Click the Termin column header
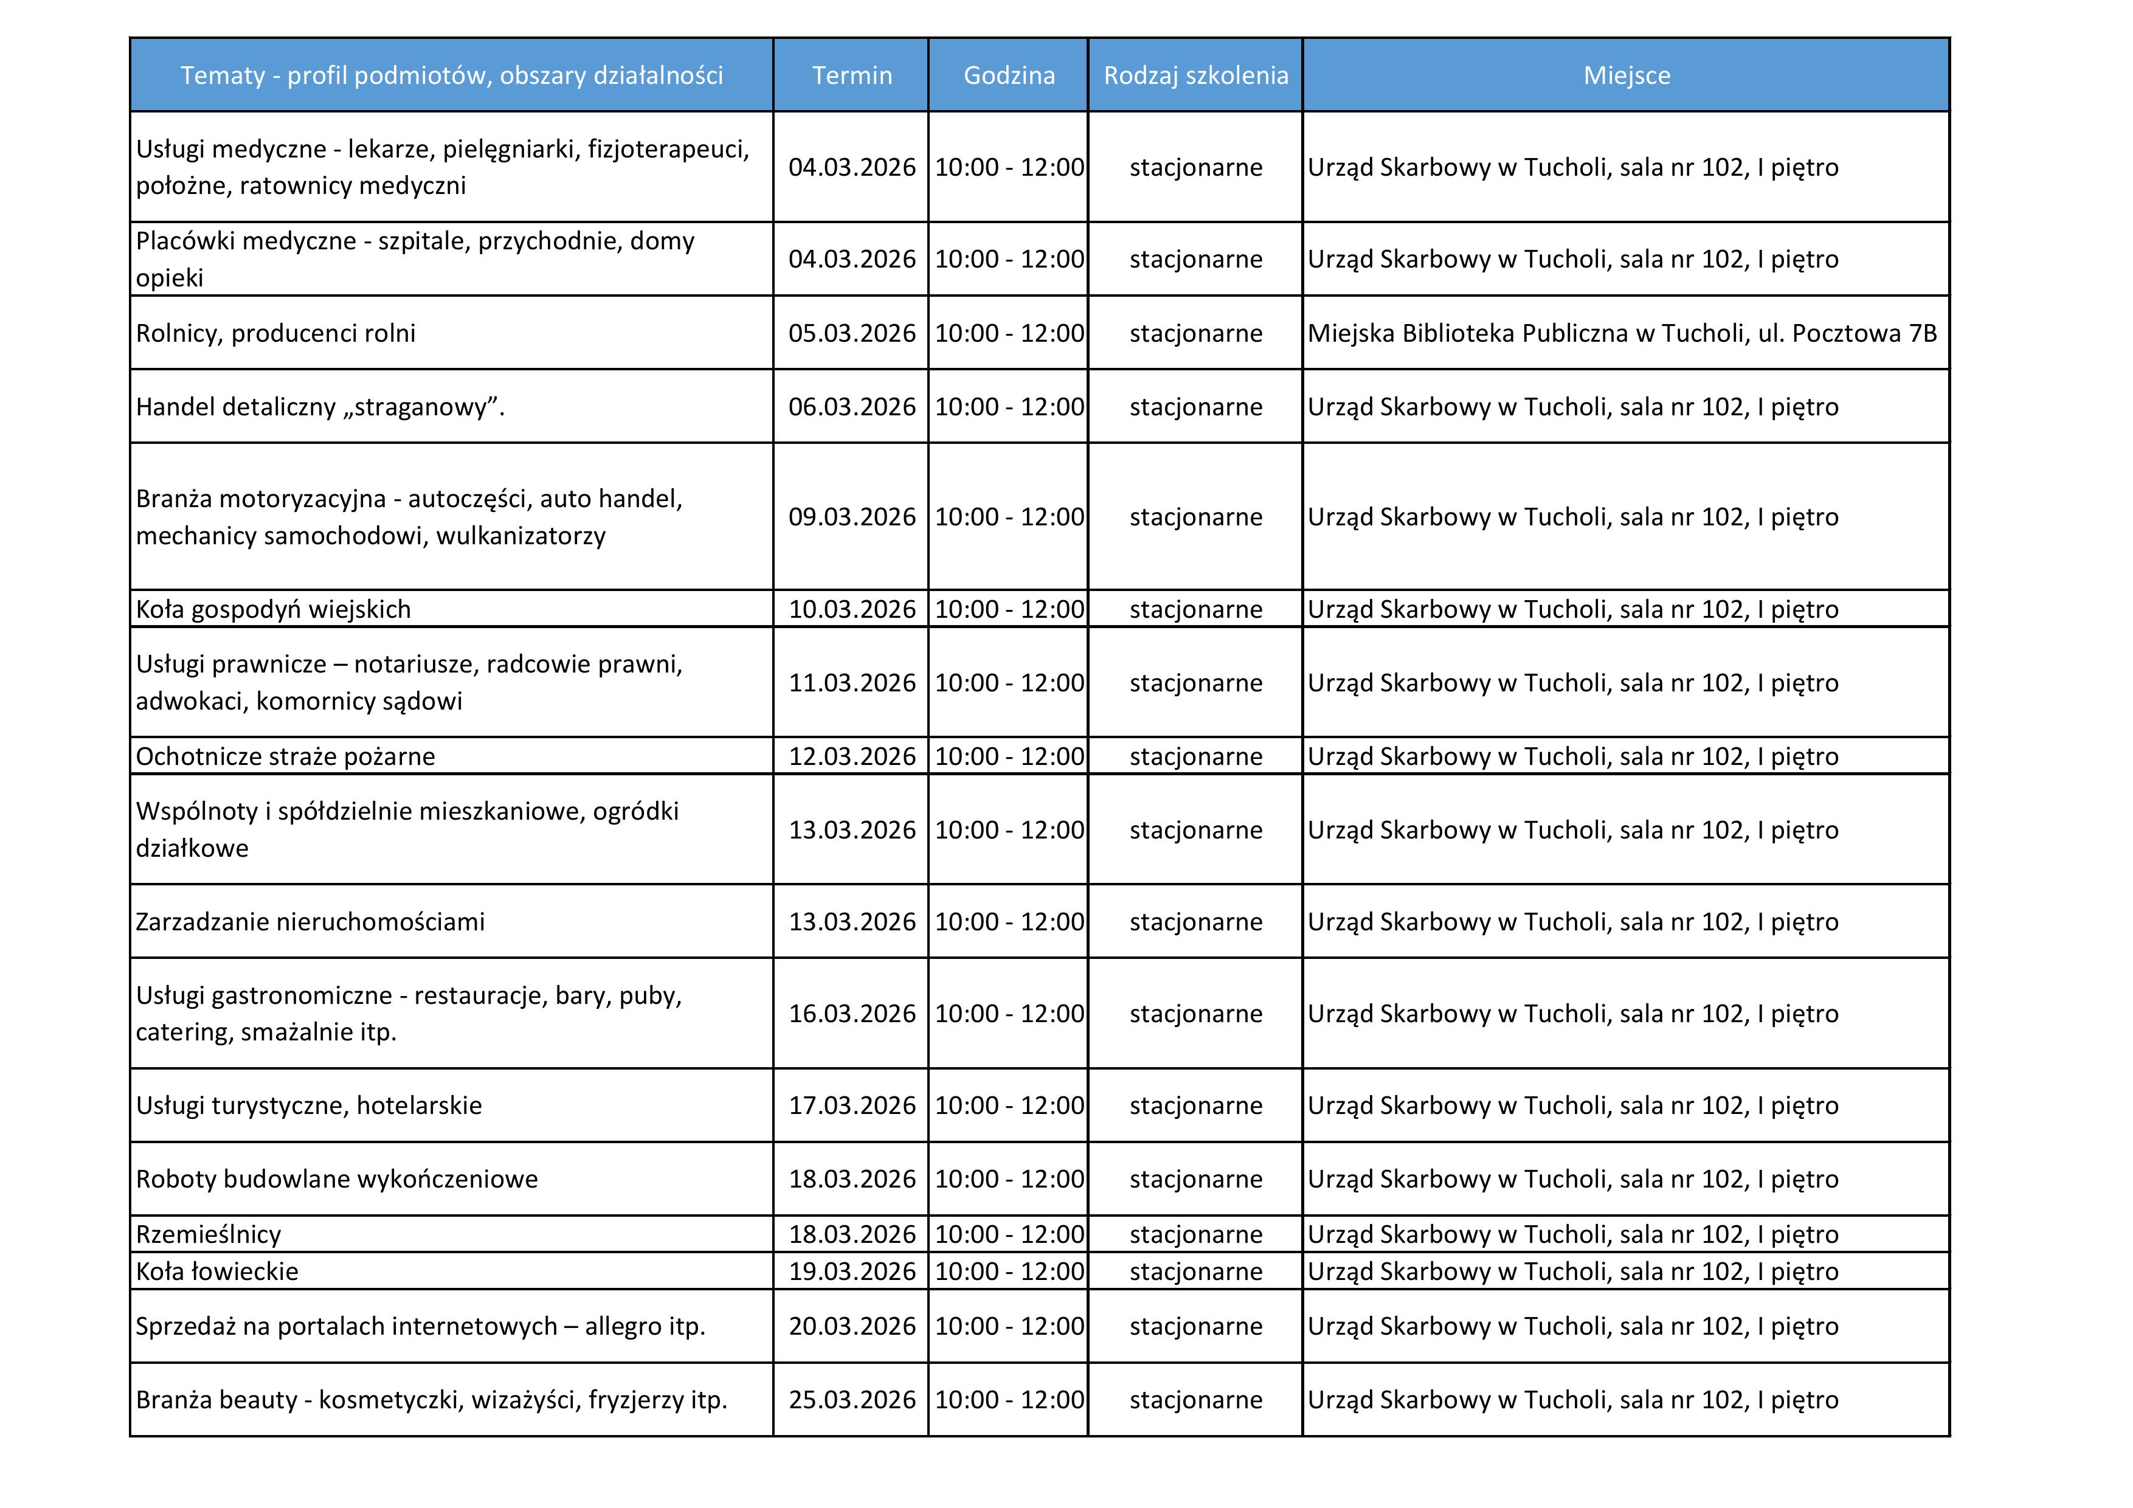click(x=851, y=75)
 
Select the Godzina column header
click(x=1008, y=75)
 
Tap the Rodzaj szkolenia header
click(x=1195, y=75)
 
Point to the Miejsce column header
click(x=1626, y=75)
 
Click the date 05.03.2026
click(x=851, y=333)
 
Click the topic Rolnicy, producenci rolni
click(x=276, y=333)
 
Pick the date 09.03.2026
click(x=851, y=517)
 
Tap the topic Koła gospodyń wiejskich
click(x=273, y=609)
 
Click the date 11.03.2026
click(x=851, y=683)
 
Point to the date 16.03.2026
click(x=851, y=1014)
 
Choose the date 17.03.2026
click(x=851, y=1105)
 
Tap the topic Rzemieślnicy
click(x=208, y=1234)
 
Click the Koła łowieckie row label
click(x=218, y=1271)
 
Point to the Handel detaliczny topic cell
click(x=320, y=407)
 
